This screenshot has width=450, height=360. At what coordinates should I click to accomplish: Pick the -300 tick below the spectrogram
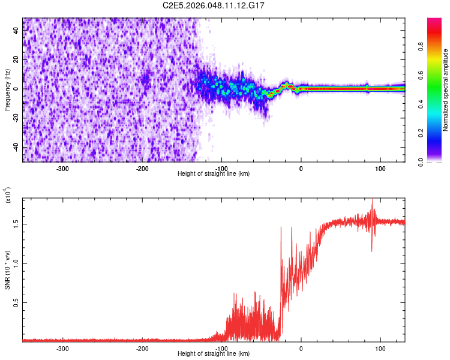point(63,169)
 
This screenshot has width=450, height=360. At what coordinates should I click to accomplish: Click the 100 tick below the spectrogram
point(380,169)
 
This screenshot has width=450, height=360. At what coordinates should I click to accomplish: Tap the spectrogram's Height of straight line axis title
point(214,174)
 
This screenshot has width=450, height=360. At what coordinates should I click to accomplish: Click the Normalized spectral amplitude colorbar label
point(446,90)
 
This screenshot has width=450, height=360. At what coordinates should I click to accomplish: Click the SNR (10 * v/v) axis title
point(7,270)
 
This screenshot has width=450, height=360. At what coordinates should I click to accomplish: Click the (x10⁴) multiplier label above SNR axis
point(8,196)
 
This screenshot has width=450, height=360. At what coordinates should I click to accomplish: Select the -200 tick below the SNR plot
point(142,349)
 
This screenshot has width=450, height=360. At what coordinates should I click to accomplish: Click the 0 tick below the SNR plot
point(301,349)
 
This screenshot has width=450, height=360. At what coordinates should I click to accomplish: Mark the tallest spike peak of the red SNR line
point(373,199)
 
